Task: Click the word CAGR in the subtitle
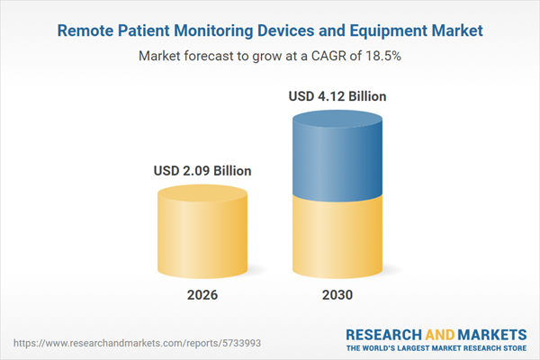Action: pos(326,56)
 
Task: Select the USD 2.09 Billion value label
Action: pos(202,170)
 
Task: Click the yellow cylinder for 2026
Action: pos(202,238)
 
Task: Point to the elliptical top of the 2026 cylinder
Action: pos(202,193)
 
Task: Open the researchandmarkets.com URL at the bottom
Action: pos(112,343)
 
